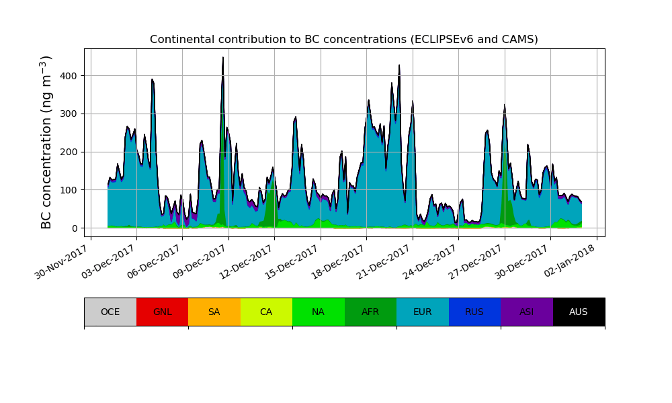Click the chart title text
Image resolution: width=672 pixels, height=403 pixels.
tap(343, 39)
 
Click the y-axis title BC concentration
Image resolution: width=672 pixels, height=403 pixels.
tap(46, 142)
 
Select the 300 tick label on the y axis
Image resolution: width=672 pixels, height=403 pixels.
tap(70, 114)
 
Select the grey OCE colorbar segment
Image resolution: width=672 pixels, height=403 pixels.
tap(110, 312)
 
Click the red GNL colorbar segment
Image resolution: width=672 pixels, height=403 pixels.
tap(162, 312)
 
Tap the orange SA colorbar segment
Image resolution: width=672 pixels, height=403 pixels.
tap(214, 312)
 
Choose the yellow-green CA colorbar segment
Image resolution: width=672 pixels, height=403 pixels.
tap(266, 312)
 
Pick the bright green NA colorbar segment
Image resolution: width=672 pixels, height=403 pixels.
tap(319, 312)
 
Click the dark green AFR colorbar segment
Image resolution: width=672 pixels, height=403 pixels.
tap(370, 312)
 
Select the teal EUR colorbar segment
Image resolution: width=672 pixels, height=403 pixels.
tap(423, 312)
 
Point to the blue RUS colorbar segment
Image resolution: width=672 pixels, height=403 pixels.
tap(474, 312)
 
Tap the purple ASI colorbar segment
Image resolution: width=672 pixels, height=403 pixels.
tap(527, 312)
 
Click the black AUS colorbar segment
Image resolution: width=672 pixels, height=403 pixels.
tap(579, 312)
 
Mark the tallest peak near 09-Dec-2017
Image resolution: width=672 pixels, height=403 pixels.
tap(223, 58)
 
